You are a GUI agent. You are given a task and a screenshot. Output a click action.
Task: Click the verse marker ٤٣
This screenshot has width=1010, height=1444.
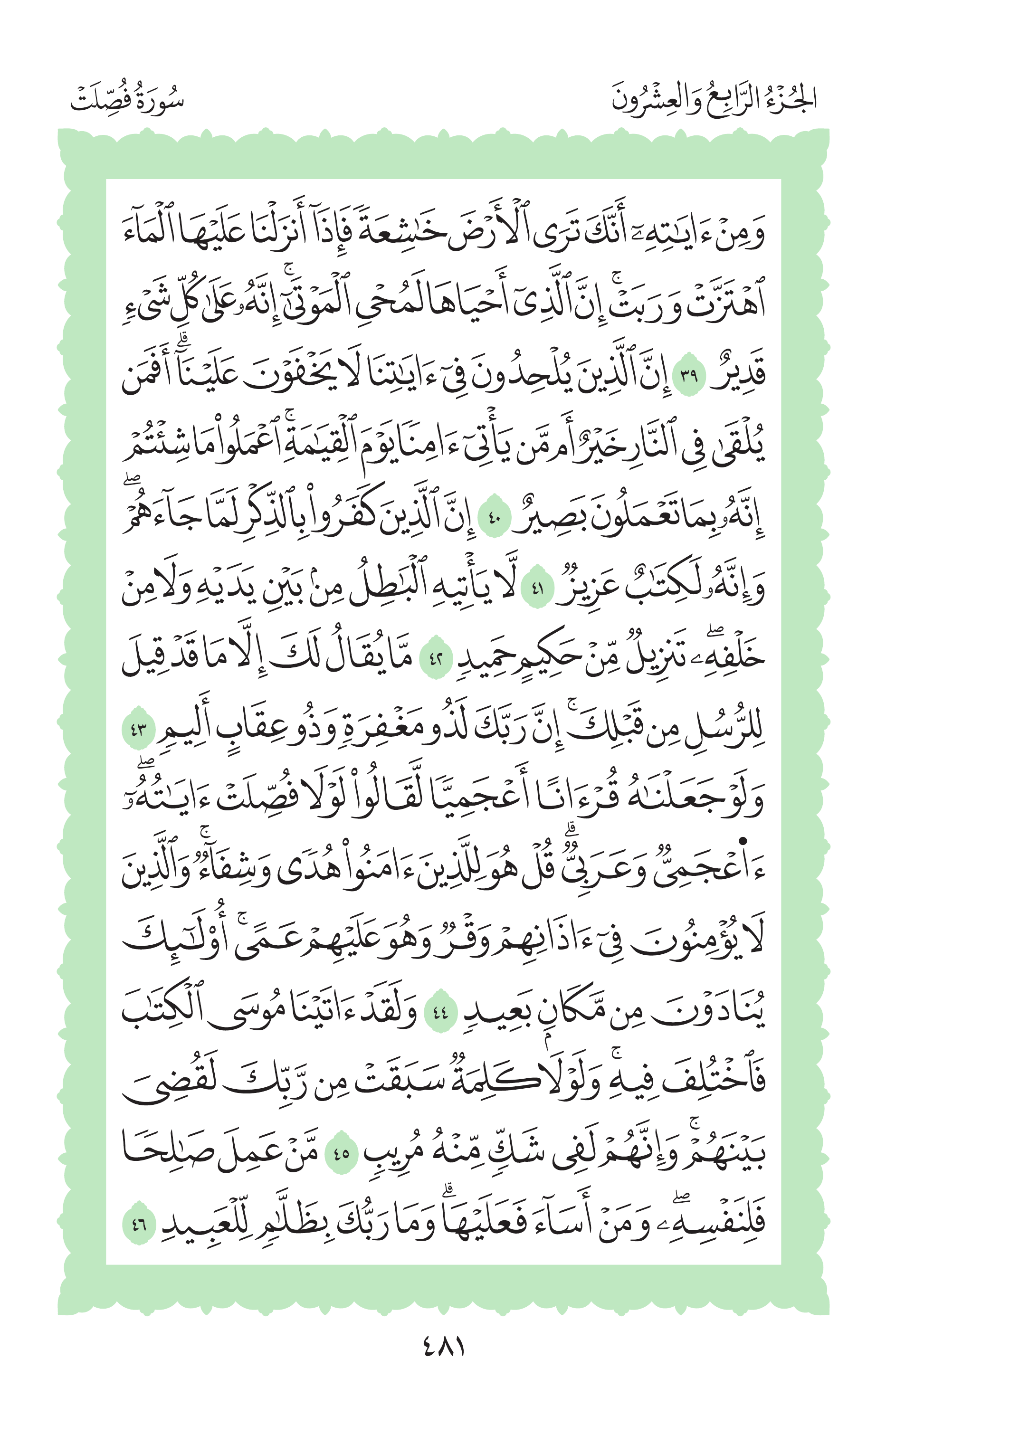tap(138, 730)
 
